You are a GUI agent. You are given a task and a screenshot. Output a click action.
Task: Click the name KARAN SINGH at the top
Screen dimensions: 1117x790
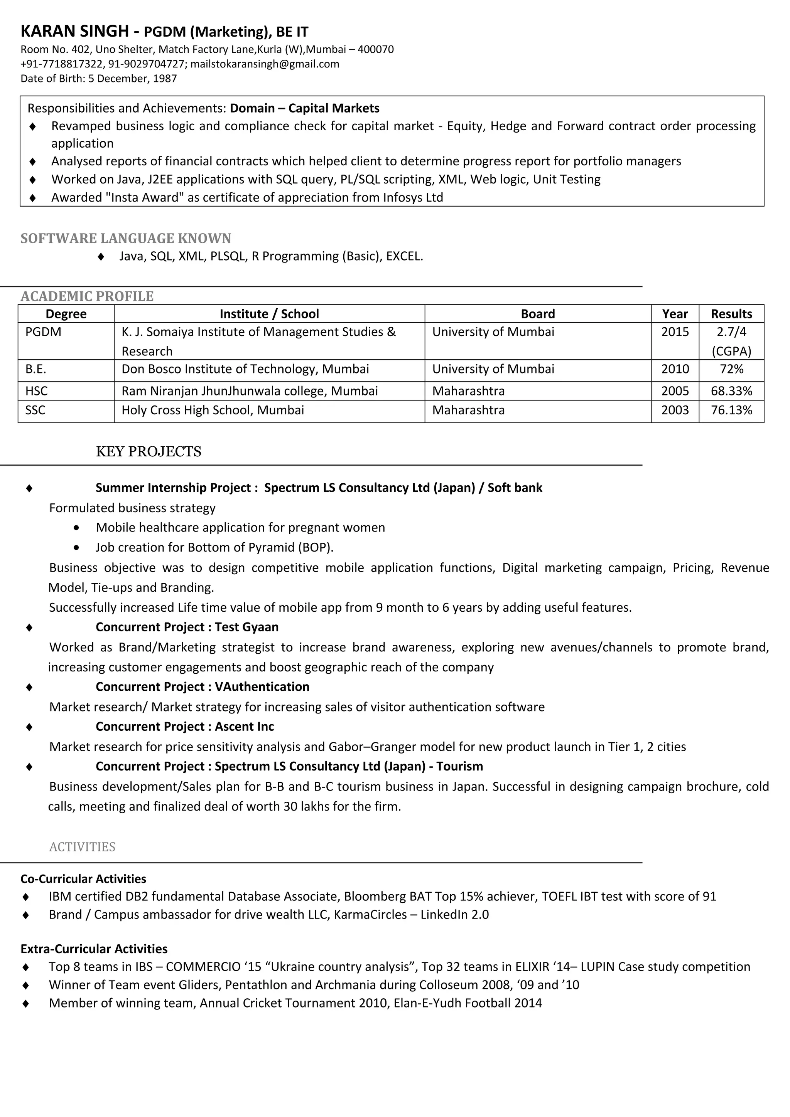point(74,31)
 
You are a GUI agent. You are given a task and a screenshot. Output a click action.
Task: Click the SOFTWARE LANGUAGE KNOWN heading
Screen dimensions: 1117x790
point(126,238)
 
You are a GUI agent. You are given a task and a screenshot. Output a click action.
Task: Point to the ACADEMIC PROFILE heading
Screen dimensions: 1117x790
point(87,296)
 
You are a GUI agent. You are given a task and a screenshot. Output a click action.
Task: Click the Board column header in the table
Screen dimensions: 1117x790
point(537,314)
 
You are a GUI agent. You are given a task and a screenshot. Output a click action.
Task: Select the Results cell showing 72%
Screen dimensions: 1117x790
point(731,369)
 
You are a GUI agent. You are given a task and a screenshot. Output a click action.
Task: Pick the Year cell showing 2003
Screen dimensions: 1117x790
point(675,410)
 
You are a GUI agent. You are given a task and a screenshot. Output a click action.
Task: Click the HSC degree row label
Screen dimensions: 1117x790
point(37,391)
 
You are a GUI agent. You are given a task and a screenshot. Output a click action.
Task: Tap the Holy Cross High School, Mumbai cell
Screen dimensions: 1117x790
point(213,410)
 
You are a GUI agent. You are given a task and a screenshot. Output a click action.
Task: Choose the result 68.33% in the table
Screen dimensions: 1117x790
point(731,391)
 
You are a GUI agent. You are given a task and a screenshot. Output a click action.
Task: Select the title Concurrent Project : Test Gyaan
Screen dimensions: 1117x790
point(187,627)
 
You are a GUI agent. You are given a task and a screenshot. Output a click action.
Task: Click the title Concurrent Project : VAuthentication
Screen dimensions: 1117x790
point(203,686)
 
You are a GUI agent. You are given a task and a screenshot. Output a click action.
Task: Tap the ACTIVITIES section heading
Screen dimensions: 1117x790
point(82,847)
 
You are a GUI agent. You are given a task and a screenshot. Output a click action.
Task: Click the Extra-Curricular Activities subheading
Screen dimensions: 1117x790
point(94,949)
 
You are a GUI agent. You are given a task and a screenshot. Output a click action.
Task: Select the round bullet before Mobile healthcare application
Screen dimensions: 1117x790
point(76,528)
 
